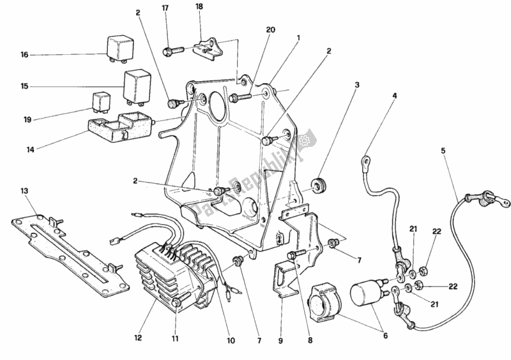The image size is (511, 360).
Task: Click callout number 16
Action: coord(24,55)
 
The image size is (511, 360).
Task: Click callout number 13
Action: coord(24,190)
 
